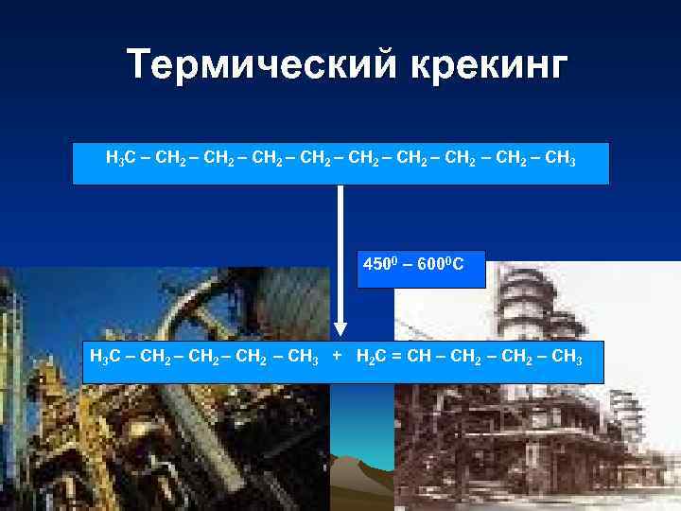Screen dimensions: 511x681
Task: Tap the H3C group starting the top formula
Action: tap(119, 156)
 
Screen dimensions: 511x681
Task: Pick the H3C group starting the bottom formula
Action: tap(101, 358)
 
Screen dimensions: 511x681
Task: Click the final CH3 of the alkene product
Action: tap(568, 358)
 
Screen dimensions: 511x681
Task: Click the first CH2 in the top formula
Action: tap(170, 156)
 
